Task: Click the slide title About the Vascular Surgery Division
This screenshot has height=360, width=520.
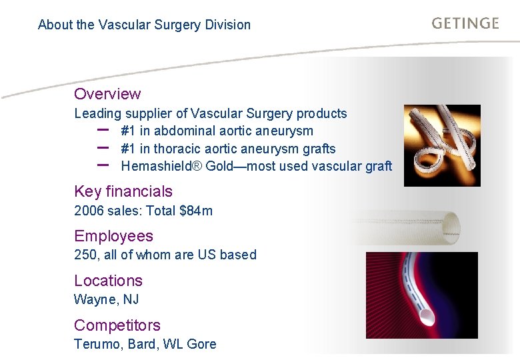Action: point(144,25)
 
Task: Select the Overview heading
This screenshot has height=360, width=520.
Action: point(107,94)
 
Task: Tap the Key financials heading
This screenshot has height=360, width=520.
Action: point(123,191)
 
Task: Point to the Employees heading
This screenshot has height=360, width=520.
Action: point(113,236)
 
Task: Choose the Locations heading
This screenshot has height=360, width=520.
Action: point(108,281)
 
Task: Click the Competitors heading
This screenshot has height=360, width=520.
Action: point(117,325)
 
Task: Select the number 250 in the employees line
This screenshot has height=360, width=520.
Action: point(85,255)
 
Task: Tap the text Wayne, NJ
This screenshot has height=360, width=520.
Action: point(107,299)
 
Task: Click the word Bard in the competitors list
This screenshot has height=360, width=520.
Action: point(142,344)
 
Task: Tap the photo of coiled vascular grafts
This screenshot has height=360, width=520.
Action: point(441,145)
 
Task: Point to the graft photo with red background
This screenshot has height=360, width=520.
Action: point(421,295)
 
